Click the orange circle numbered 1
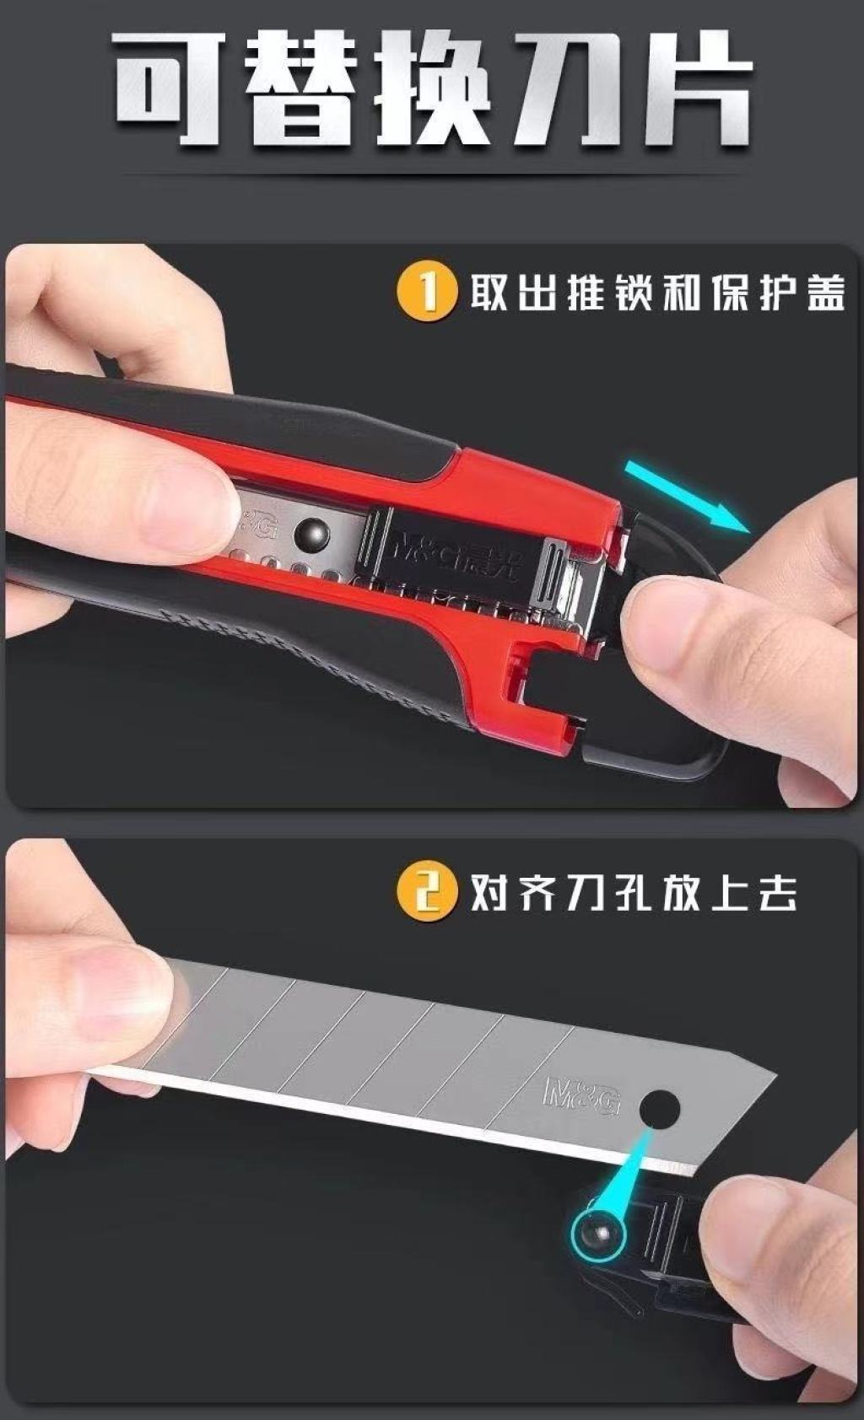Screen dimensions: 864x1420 point(427,293)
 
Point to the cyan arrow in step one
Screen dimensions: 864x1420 point(687,496)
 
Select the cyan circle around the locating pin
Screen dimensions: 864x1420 point(597,1232)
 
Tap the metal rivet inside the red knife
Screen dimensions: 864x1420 point(313,535)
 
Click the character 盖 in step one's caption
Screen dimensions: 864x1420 point(826,293)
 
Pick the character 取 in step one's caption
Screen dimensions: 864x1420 point(489,293)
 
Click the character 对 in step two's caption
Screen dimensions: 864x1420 point(489,893)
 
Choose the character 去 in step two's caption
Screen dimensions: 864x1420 point(777,893)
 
